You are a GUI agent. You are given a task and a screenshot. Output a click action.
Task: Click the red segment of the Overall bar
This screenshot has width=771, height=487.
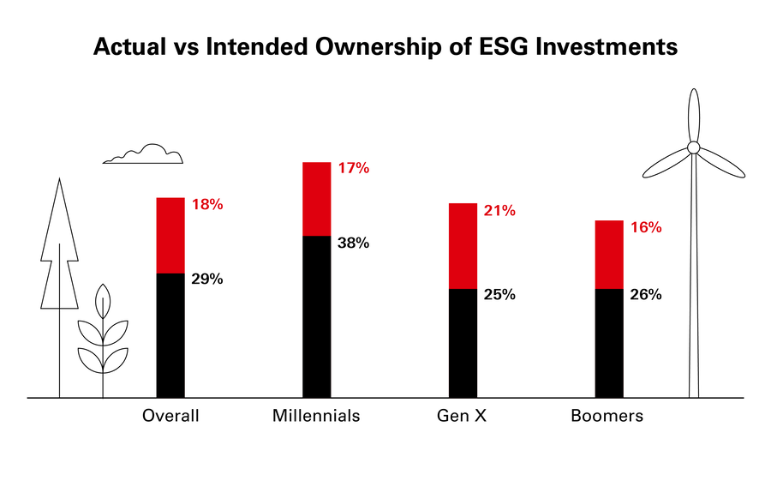[170, 236]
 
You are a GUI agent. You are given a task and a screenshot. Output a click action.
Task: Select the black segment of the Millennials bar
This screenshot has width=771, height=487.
[317, 316]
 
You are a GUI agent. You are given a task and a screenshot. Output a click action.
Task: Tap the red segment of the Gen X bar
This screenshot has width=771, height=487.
[463, 246]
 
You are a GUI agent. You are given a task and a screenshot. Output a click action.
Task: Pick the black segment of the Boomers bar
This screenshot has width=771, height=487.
[610, 343]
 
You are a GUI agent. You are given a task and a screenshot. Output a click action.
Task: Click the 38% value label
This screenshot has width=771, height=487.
[352, 243]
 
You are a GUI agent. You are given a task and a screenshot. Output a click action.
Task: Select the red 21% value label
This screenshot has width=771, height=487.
[499, 211]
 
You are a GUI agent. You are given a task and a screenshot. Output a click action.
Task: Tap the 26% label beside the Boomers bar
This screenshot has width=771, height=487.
[645, 295]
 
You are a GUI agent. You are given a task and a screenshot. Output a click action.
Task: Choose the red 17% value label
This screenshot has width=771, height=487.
[352, 169]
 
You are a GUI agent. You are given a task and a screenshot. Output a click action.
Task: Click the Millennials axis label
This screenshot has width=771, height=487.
[316, 417]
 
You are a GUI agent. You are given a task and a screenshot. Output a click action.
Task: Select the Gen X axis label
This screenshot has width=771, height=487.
[463, 417]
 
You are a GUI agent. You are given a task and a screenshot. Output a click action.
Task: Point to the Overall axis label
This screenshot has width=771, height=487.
[170, 417]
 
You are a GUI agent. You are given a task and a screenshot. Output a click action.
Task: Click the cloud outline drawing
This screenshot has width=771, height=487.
[146, 155]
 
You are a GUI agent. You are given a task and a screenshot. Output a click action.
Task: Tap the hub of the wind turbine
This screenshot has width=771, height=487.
[694, 148]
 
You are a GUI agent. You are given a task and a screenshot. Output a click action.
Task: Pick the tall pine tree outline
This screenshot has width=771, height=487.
[59, 257]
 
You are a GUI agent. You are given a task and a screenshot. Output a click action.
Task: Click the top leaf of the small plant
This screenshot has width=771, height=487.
[103, 301]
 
